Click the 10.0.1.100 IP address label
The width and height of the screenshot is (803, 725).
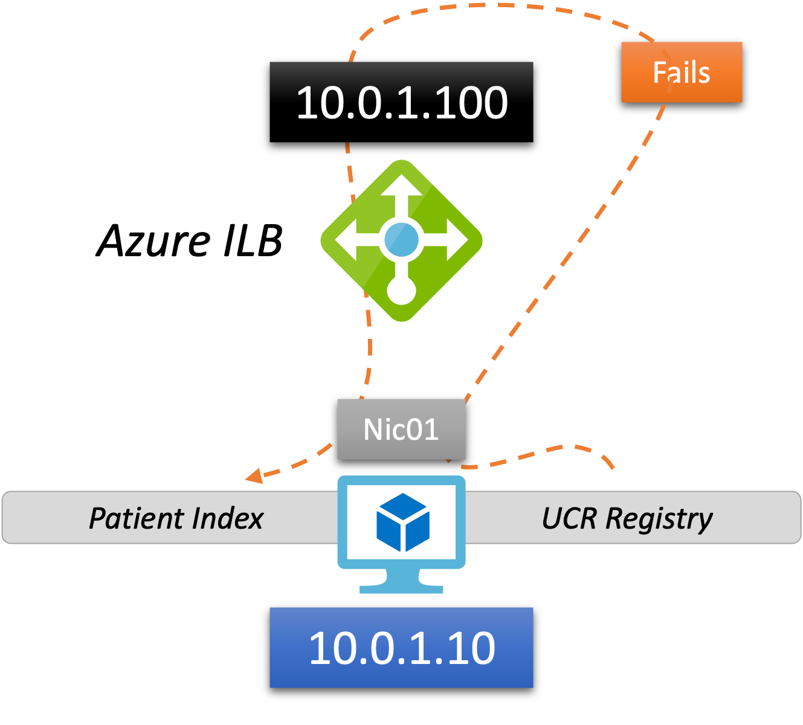(x=401, y=102)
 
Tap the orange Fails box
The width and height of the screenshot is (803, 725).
(x=681, y=72)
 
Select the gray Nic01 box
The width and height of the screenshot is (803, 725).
(x=401, y=430)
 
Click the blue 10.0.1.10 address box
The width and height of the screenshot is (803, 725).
(x=401, y=648)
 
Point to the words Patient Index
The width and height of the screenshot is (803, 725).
(x=176, y=518)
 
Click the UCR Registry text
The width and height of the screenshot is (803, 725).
(x=627, y=518)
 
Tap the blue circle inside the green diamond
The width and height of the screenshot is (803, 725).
(x=401, y=240)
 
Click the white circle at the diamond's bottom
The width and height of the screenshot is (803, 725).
(x=401, y=291)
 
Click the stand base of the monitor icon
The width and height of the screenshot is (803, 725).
(x=401, y=588)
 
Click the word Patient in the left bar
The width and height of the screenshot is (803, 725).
(x=137, y=518)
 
